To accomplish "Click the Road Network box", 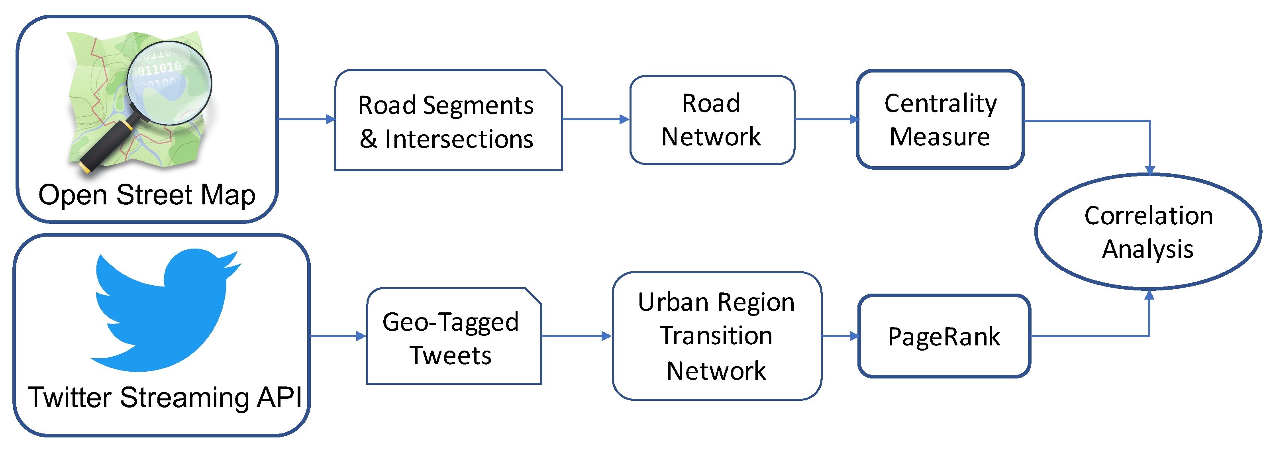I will (712, 120).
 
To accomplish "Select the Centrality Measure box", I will (940, 120).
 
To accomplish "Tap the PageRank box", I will (944, 337).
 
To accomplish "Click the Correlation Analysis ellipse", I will (1147, 232).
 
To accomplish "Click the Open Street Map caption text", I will (147, 195).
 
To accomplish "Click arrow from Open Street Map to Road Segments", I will (306, 119).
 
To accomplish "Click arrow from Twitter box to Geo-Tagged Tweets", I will (338, 336).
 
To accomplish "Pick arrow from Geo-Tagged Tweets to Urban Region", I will (576, 336).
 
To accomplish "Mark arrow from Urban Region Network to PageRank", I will (841, 336).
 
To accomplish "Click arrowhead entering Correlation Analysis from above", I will (1149, 170).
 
